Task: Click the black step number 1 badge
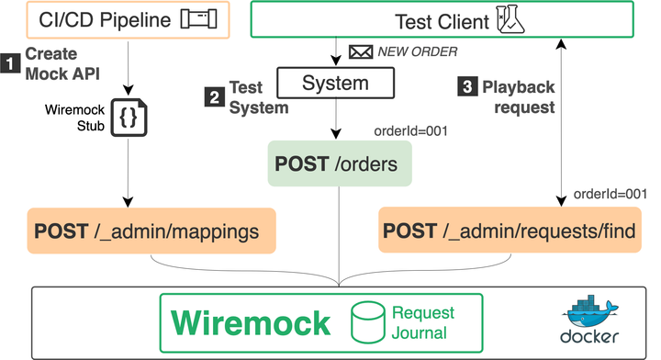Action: (x=10, y=63)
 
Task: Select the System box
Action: (x=335, y=84)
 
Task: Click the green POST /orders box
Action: (x=340, y=163)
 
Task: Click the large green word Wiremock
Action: (x=251, y=323)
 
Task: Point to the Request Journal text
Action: (x=422, y=323)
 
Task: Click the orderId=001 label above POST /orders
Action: (x=410, y=130)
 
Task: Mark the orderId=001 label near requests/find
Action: (x=609, y=194)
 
